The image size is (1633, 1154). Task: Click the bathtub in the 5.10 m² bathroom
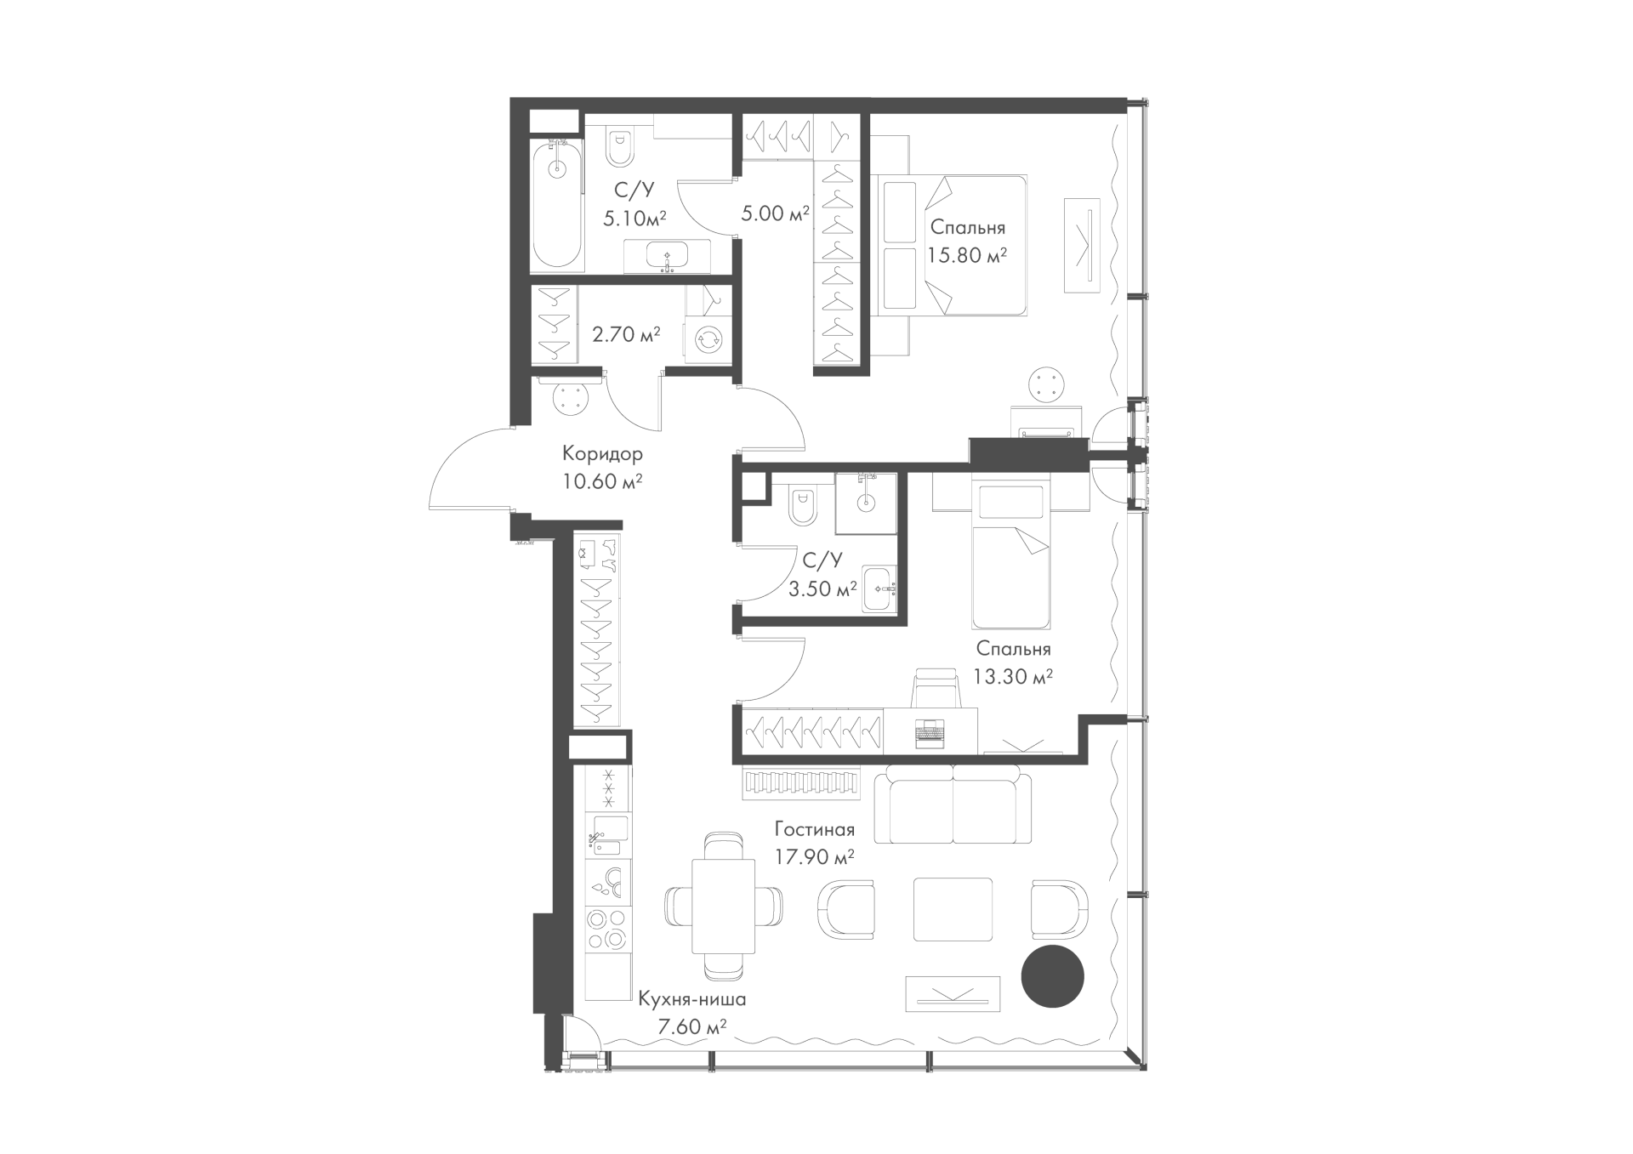coord(557,205)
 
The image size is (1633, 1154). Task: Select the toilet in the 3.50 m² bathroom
coord(801,509)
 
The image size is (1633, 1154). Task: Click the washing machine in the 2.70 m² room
coord(708,340)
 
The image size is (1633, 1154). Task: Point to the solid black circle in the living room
coord(1052,976)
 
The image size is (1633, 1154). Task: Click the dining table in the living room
coord(723,906)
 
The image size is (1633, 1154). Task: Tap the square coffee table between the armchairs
coord(953,909)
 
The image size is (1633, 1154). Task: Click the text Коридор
coord(602,453)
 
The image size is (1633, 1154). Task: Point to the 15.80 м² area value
coord(967,255)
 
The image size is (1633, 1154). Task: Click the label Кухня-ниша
coord(691,999)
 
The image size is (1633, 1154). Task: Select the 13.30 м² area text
coord(1013,677)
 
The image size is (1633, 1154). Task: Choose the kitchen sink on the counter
coord(608,834)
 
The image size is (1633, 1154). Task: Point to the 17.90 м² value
coord(814,857)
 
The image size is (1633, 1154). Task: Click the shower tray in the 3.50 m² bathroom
coord(866,503)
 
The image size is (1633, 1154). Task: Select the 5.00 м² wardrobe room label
coord(775,213)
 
